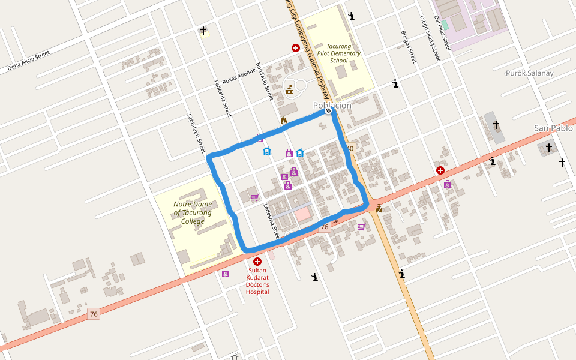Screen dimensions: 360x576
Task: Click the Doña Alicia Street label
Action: (x=28, y=61)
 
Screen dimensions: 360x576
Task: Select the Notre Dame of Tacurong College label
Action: (x=193, y=212)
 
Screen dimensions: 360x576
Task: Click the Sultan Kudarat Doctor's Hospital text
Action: (x=258, y=281)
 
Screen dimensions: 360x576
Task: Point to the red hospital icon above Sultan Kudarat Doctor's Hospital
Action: (x=258, y=262)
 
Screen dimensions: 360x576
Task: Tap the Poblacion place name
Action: (x=332, y=106)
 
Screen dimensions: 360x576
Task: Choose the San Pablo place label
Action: (x=553, y=128)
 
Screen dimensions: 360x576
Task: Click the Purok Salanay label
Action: (x=529, y=73)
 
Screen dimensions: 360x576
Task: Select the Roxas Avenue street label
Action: (x=239, y=76)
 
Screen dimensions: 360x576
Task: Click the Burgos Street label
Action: (x=408, y=47)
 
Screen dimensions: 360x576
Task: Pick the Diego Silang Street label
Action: (x=430, y=38)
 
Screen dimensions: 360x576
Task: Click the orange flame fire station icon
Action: (x=284, y=121)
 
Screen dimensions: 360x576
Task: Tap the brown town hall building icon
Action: (x=290, y=90)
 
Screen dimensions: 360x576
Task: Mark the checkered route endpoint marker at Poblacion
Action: (x=328, y=110)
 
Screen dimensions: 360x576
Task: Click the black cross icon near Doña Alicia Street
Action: (x=203, y=31)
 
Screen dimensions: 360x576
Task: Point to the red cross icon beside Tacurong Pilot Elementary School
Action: (x=296, y=48)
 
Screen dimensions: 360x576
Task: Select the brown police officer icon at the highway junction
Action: (x=379, y=208)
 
